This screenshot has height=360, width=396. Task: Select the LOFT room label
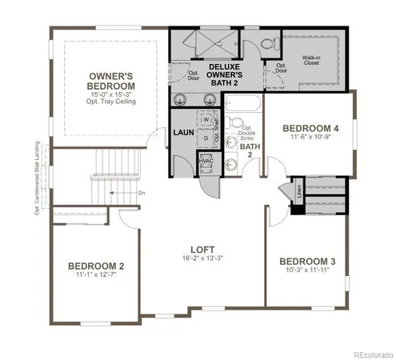197,249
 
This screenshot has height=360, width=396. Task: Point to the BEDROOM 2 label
95,266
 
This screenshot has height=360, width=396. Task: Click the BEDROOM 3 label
306,262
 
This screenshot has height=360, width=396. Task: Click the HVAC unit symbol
206,162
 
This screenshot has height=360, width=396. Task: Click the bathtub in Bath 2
242,104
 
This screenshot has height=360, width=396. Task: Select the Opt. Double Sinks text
250,133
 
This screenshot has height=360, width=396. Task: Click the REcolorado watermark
367,354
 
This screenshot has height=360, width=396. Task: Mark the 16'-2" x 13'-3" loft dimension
197,259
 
